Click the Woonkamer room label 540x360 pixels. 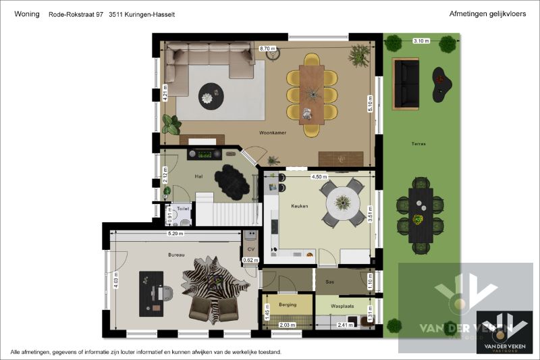pos(273,132)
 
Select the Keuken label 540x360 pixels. pos(300,206)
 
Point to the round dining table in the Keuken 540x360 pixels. pos(343,203)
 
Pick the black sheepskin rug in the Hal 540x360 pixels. pos(232,182)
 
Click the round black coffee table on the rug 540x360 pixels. pos(211,97)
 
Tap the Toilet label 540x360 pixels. pos(183,209)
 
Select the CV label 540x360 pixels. pos(251,249)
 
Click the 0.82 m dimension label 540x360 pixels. pos(250,260)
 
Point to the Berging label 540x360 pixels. pos(288,305)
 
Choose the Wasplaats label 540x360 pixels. pos(342,306)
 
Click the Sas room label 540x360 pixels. pos(329,282)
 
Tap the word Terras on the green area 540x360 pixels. pos(418,144)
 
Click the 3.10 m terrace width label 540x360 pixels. pos(421,41)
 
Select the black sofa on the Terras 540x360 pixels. pos(406,84)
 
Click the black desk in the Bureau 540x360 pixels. pos(151,294)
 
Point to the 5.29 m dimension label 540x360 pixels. pos(175,234)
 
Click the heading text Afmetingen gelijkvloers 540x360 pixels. pos(487,14)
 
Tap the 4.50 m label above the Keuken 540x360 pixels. pos(319,177)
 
